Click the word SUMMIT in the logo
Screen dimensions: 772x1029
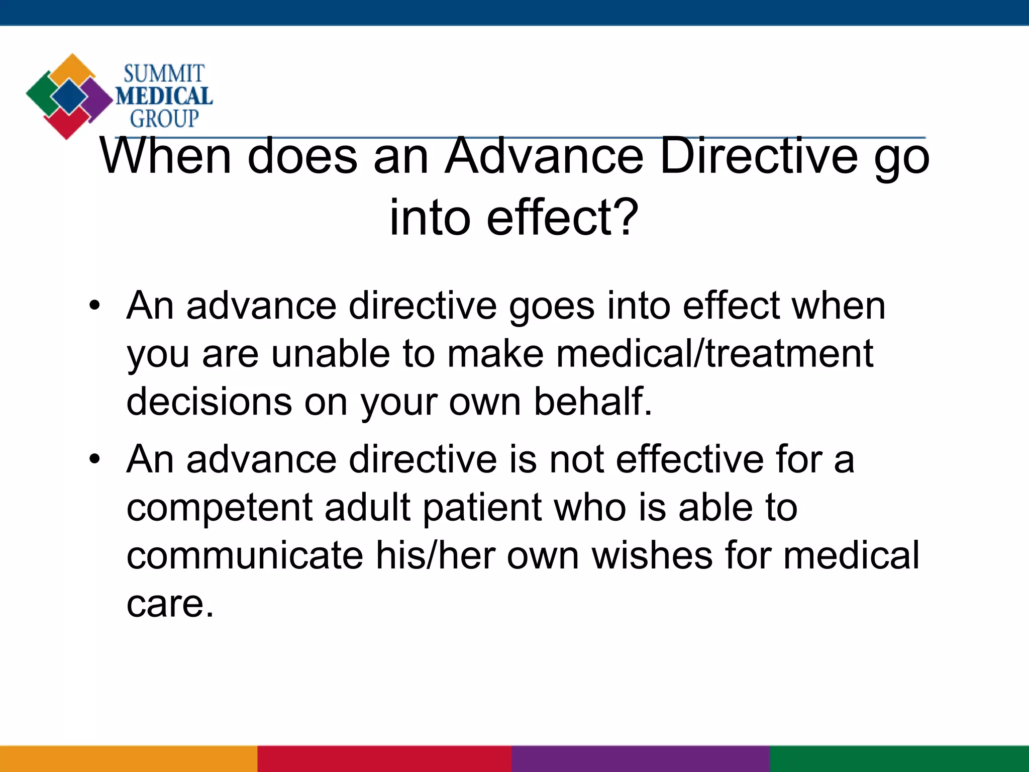point(164,74)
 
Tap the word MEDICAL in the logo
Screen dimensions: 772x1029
point(164,96)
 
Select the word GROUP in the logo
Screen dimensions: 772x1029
point(164,119)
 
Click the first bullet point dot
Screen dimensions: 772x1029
point(94,306)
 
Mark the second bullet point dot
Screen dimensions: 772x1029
point(94,459)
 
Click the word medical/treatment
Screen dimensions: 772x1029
point(714,353)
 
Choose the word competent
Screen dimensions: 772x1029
point(220,508)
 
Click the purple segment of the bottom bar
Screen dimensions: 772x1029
point(641,759)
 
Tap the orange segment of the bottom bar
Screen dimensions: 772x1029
point(129,759)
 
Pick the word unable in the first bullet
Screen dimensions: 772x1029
point(331,353)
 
